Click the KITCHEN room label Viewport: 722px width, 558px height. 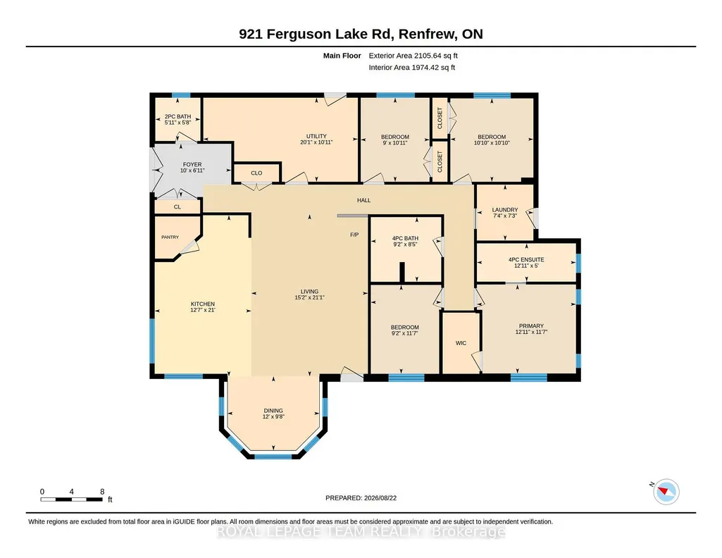(x=203, y=304)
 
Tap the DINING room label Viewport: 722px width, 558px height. (x=273, y=411)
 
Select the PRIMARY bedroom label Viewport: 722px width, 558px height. (x=531, y=326)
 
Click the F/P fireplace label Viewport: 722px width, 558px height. (x=354, y=235)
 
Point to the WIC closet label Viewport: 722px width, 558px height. (x=461, y=343)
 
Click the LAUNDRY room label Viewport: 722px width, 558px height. (x=505, y=209)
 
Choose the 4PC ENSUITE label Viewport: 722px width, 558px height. (x=526, y=260)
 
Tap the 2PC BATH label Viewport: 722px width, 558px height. (x=178, y=117)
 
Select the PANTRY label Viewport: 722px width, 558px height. (x=170, y=237)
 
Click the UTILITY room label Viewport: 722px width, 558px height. (x=316, y=136)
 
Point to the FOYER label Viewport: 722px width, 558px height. (x=192, y=164)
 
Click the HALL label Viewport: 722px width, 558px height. (x=363, y=200)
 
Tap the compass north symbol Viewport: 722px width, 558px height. (x=666, y=491)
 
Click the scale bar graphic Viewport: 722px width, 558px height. (x=71, y=500)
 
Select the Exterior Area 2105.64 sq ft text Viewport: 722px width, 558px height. (x=413, y=56)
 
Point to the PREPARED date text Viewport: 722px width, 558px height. (x=361, y=497)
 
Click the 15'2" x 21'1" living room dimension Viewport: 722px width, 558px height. (x=309, y=297)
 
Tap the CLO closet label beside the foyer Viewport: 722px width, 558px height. (x=256, y=173)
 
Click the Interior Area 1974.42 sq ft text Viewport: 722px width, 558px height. (x=411, y=67)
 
